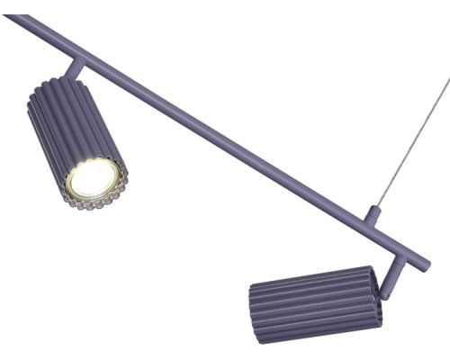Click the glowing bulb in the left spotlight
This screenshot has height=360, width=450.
click(93, 179)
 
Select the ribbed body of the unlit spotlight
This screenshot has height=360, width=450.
click(310, 303)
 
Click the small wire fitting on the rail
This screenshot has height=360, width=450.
click(373, 215)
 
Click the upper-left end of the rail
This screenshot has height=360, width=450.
click(11, 19)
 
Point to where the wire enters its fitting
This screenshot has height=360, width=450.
click(376, 207)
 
